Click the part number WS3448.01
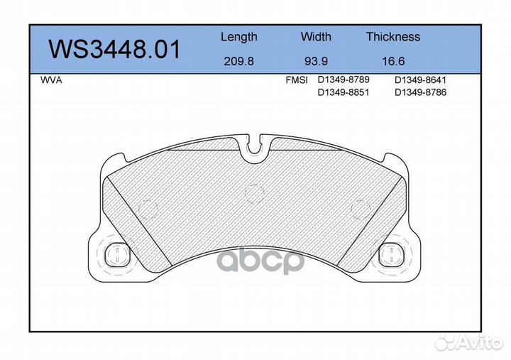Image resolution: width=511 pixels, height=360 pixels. pos(114,50)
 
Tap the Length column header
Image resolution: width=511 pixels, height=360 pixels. pos(239,37)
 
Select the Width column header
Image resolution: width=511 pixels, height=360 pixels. pos(316,36)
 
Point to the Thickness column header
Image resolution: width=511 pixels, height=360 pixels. pos(393,36)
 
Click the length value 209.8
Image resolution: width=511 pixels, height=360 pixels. pos(238,61)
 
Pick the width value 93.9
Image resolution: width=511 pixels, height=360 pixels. pos(316,61)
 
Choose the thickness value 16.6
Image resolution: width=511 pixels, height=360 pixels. pos(393,61)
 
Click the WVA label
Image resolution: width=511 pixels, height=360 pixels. pos(51,80)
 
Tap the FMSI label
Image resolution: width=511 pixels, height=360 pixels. pos(297,80)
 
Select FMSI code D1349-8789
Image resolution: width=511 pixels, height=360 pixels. pos(344,80)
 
